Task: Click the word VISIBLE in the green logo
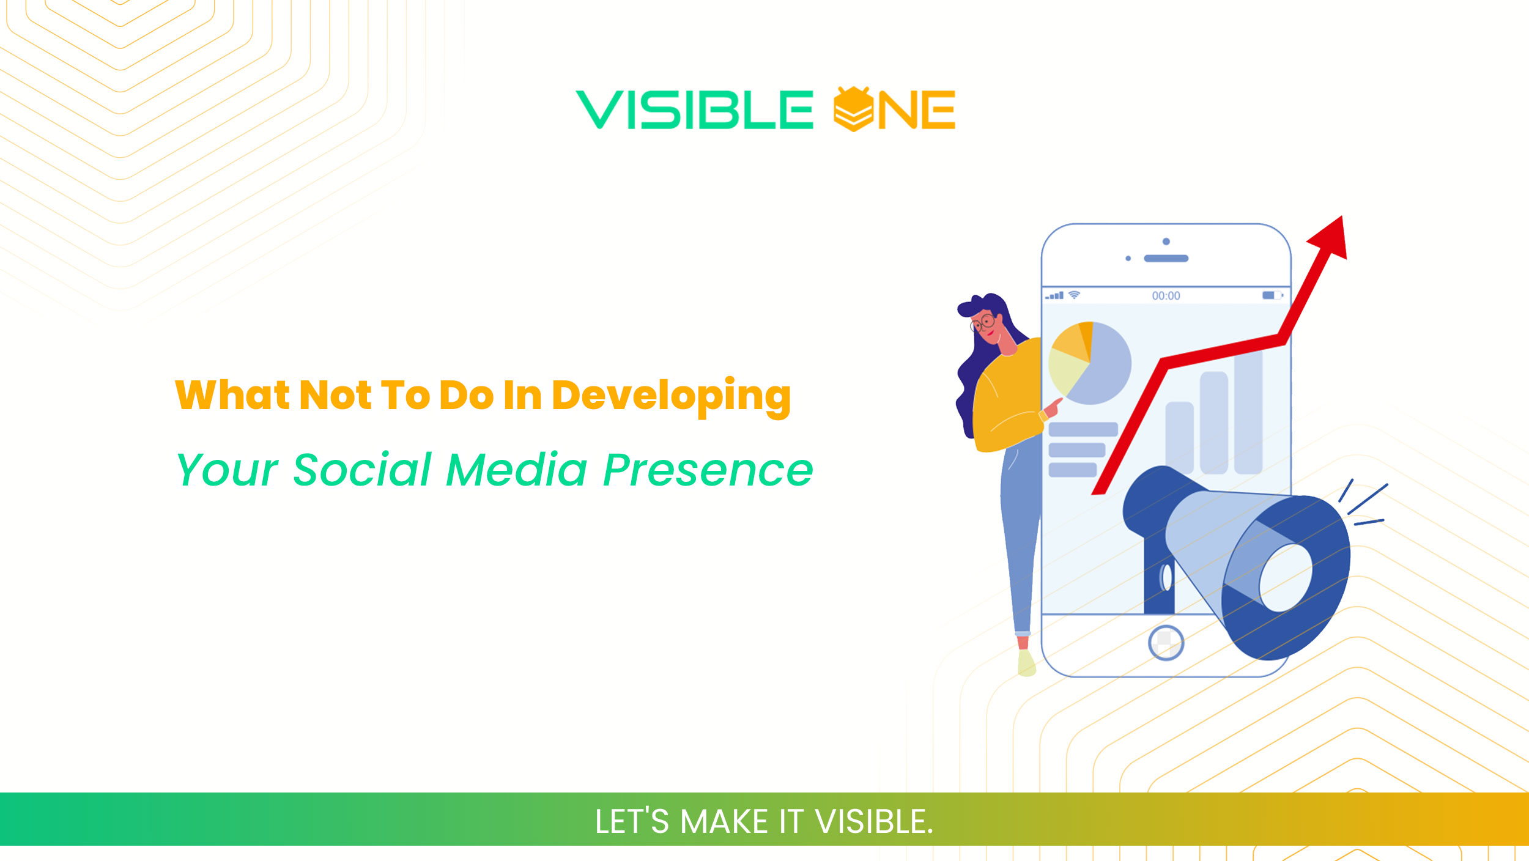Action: (x=694, y=110)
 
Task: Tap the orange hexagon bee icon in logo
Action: (x=853, y=109)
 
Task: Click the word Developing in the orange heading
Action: (x=671, y=396)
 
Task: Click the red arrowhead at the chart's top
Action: (x=1331, y=238)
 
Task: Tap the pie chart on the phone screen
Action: (x=1090, y=363)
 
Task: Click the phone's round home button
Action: (x=1166, y=643)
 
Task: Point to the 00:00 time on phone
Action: (x=1166, y=296)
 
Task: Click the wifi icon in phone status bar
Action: (x=1074, y=295)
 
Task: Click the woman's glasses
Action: (x=982, y=322)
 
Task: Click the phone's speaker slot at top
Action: (x=1166, y=259)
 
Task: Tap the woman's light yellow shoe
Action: (x=1026, y=663)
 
